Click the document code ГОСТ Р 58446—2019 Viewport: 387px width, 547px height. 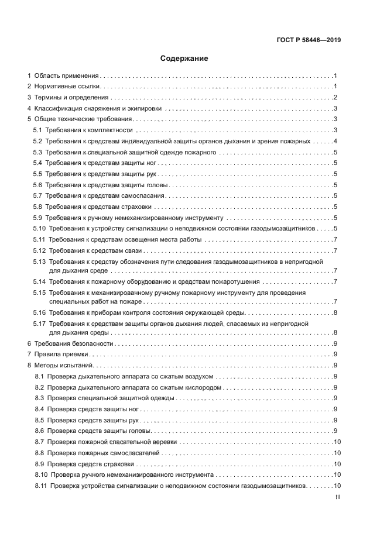(309, 40)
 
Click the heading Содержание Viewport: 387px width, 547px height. (184, 59)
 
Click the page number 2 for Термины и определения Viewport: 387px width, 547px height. (335, 97)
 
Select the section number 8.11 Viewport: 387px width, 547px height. (40, 486)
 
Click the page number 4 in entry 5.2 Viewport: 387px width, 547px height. (335, 142)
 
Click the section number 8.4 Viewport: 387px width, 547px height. (39, 409)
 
